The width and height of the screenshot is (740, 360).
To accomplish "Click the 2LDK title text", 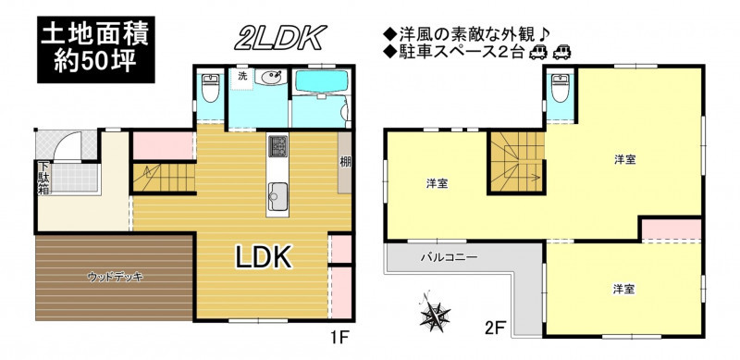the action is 281,38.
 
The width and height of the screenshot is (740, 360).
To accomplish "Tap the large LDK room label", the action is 263,258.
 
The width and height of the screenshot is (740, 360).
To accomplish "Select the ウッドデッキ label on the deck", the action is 115,278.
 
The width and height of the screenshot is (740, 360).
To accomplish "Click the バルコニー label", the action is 450,258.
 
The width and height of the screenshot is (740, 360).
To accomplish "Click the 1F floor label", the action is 339,338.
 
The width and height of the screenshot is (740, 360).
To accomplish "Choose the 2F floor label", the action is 495,327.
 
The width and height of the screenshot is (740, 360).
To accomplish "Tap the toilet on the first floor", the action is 210,88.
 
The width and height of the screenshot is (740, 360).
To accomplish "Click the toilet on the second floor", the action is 561,88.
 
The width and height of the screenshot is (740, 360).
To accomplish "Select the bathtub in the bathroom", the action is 321,81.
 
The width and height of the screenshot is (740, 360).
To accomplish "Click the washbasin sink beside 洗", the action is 271,77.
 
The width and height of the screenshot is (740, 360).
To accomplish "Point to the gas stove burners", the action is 277,146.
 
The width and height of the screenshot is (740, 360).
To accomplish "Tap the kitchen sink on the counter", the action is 277,197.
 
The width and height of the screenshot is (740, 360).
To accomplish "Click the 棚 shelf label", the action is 345,162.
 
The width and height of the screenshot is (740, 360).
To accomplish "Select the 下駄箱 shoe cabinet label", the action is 43,178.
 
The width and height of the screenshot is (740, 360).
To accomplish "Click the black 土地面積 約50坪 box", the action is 96,49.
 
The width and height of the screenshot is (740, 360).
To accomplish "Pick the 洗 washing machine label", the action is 242,77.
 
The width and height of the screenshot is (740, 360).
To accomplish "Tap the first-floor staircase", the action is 164,177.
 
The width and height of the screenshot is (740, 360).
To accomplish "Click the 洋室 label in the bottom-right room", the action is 623,289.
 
